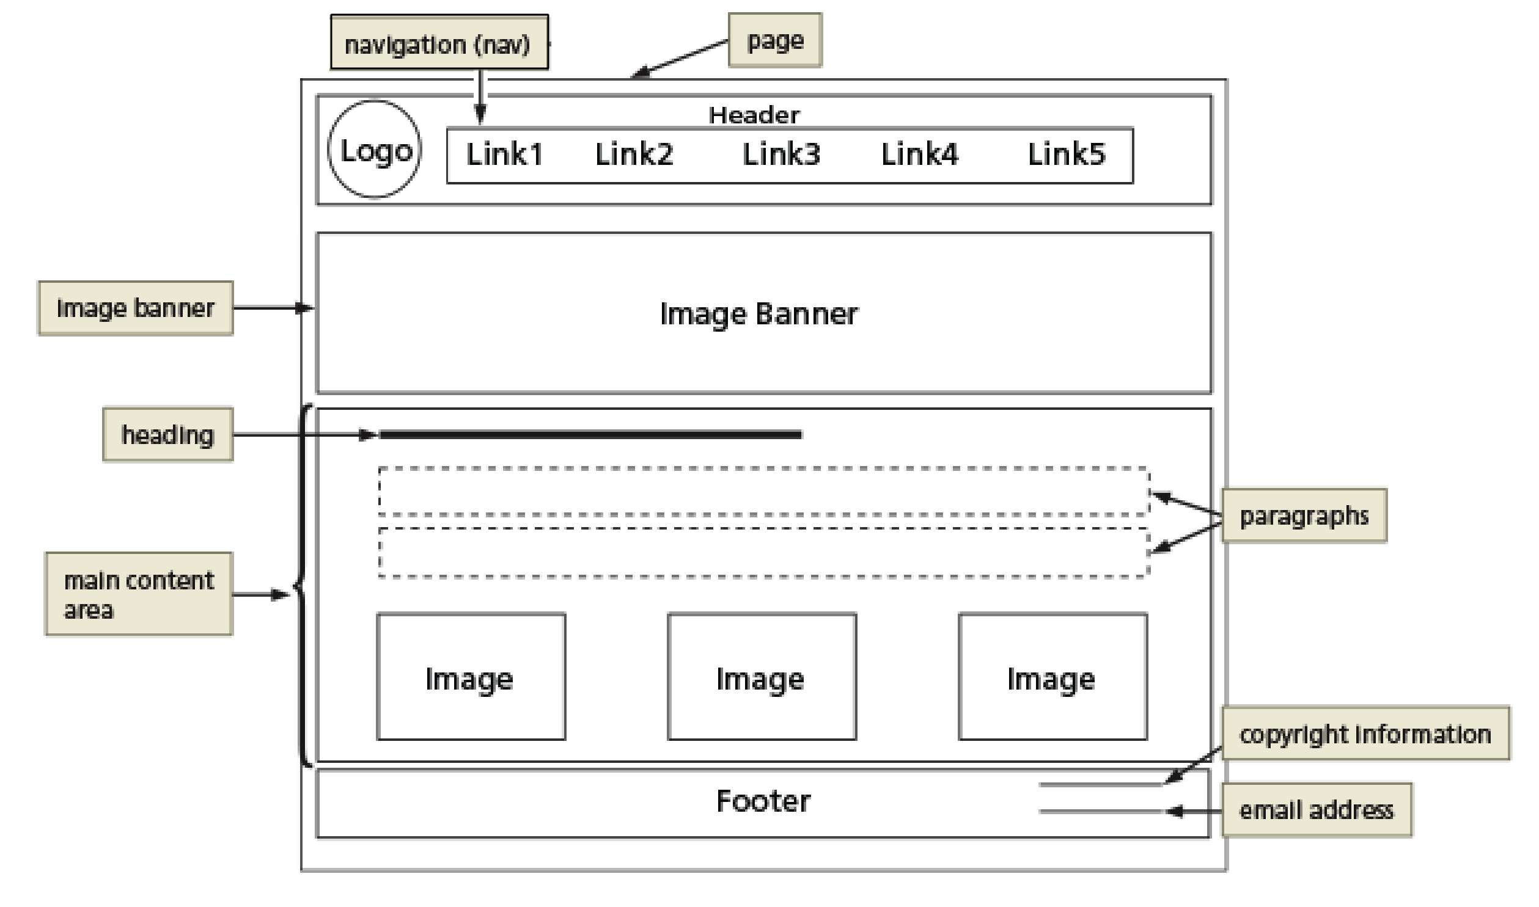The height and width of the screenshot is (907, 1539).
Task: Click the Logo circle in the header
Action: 374,150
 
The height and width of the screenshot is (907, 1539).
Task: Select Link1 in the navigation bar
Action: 504,154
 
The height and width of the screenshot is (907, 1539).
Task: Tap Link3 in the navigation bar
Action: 781,154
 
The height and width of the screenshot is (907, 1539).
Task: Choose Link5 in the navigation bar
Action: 1066,154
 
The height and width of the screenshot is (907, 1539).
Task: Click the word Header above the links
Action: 753,115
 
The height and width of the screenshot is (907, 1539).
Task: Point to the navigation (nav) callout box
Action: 438,43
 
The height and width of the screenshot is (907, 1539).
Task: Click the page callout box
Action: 774,40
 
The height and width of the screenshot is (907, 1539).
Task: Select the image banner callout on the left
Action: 135,308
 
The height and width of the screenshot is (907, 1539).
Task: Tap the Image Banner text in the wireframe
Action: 758,314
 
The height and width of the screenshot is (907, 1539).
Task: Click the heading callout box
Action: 167,434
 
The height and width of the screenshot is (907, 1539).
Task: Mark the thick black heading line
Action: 590,434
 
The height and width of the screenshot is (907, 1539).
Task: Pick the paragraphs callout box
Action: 1303,515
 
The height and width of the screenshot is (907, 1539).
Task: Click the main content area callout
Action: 139,594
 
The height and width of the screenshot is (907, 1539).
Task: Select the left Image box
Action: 470,677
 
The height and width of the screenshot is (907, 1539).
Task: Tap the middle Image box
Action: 761,677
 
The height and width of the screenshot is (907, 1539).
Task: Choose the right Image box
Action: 1052,677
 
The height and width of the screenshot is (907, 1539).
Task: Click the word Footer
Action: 762,801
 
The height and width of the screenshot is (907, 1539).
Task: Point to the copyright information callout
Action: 1364,734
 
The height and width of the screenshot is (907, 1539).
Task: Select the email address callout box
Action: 1316,810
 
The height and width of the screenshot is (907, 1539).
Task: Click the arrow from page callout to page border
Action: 678,59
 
